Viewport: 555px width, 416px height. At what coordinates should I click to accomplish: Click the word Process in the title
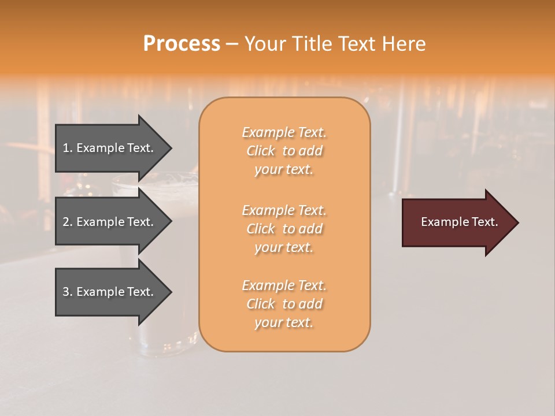tap(182, 44)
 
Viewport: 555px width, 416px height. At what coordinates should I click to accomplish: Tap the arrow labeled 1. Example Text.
tap(110, 148)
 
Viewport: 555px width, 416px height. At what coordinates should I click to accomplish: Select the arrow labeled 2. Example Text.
tap(110, 222)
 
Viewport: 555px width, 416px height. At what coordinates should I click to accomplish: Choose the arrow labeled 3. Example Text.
tap(110, 292)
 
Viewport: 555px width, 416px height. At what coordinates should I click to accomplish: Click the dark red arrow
tap(457, 222)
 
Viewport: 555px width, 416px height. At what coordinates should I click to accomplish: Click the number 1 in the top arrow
tap(66, 148)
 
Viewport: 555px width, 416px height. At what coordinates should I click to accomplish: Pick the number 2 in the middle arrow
tap(66, 222)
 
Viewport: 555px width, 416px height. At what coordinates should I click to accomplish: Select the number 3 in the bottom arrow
tap(66, 292)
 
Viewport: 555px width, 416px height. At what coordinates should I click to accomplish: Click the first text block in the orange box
tap(284, 151)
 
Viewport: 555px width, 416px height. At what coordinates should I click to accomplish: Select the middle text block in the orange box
tap(284, 229)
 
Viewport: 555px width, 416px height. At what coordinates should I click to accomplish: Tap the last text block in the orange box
tap(284, 304)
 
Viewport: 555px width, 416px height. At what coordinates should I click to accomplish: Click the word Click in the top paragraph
tap(261, 151)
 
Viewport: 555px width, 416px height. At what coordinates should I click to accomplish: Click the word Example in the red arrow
tap(441, 222)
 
